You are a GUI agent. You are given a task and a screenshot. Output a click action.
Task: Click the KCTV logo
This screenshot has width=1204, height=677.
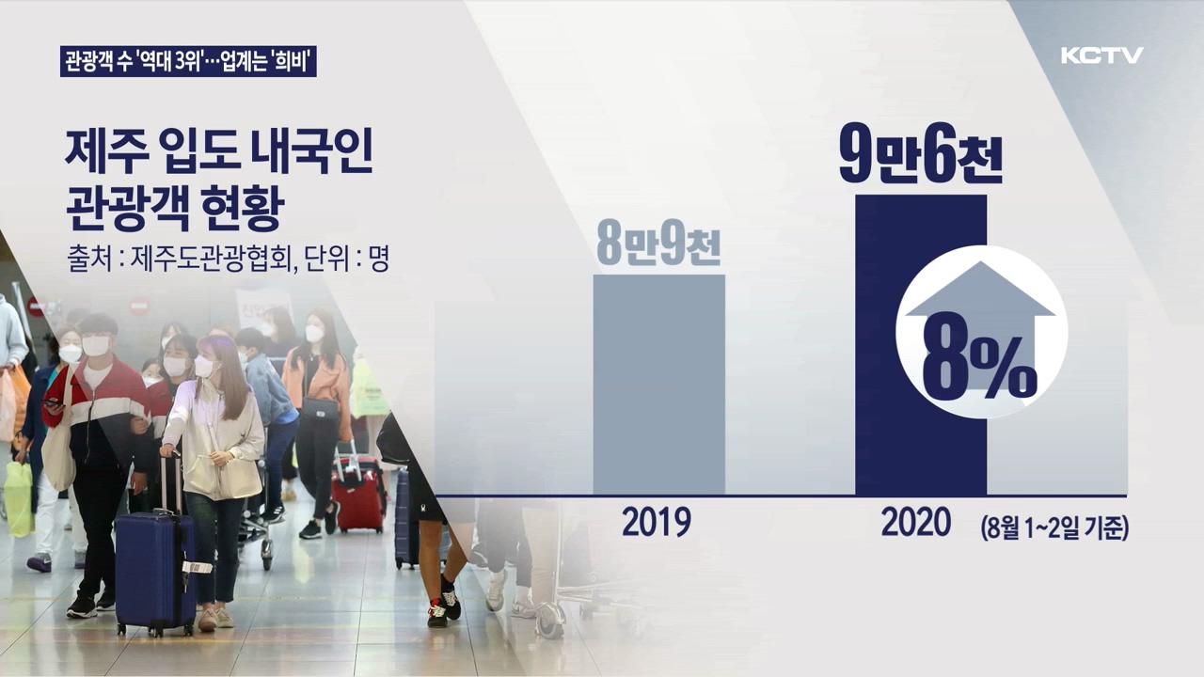1101,55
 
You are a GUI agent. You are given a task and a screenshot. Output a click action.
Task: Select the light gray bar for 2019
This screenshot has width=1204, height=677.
659,385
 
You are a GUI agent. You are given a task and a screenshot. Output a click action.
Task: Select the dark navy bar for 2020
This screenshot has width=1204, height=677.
921,345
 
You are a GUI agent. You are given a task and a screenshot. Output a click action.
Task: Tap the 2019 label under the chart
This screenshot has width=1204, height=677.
657,522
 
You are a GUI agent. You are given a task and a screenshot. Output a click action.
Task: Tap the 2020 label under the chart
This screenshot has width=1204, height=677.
916,522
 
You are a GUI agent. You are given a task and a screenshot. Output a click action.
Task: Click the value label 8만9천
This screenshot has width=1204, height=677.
658,247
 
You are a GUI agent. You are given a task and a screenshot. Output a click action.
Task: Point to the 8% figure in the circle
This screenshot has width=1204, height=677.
979,368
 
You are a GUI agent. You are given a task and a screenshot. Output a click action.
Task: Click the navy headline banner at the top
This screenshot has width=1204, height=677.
188,61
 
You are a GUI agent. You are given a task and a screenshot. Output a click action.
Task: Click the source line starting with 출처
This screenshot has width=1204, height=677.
228,259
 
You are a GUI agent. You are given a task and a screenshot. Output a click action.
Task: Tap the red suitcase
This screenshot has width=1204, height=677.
358,495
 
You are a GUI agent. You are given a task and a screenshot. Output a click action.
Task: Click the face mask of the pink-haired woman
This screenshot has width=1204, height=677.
205,367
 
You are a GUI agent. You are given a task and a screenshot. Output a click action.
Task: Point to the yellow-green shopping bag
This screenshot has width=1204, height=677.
19,498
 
